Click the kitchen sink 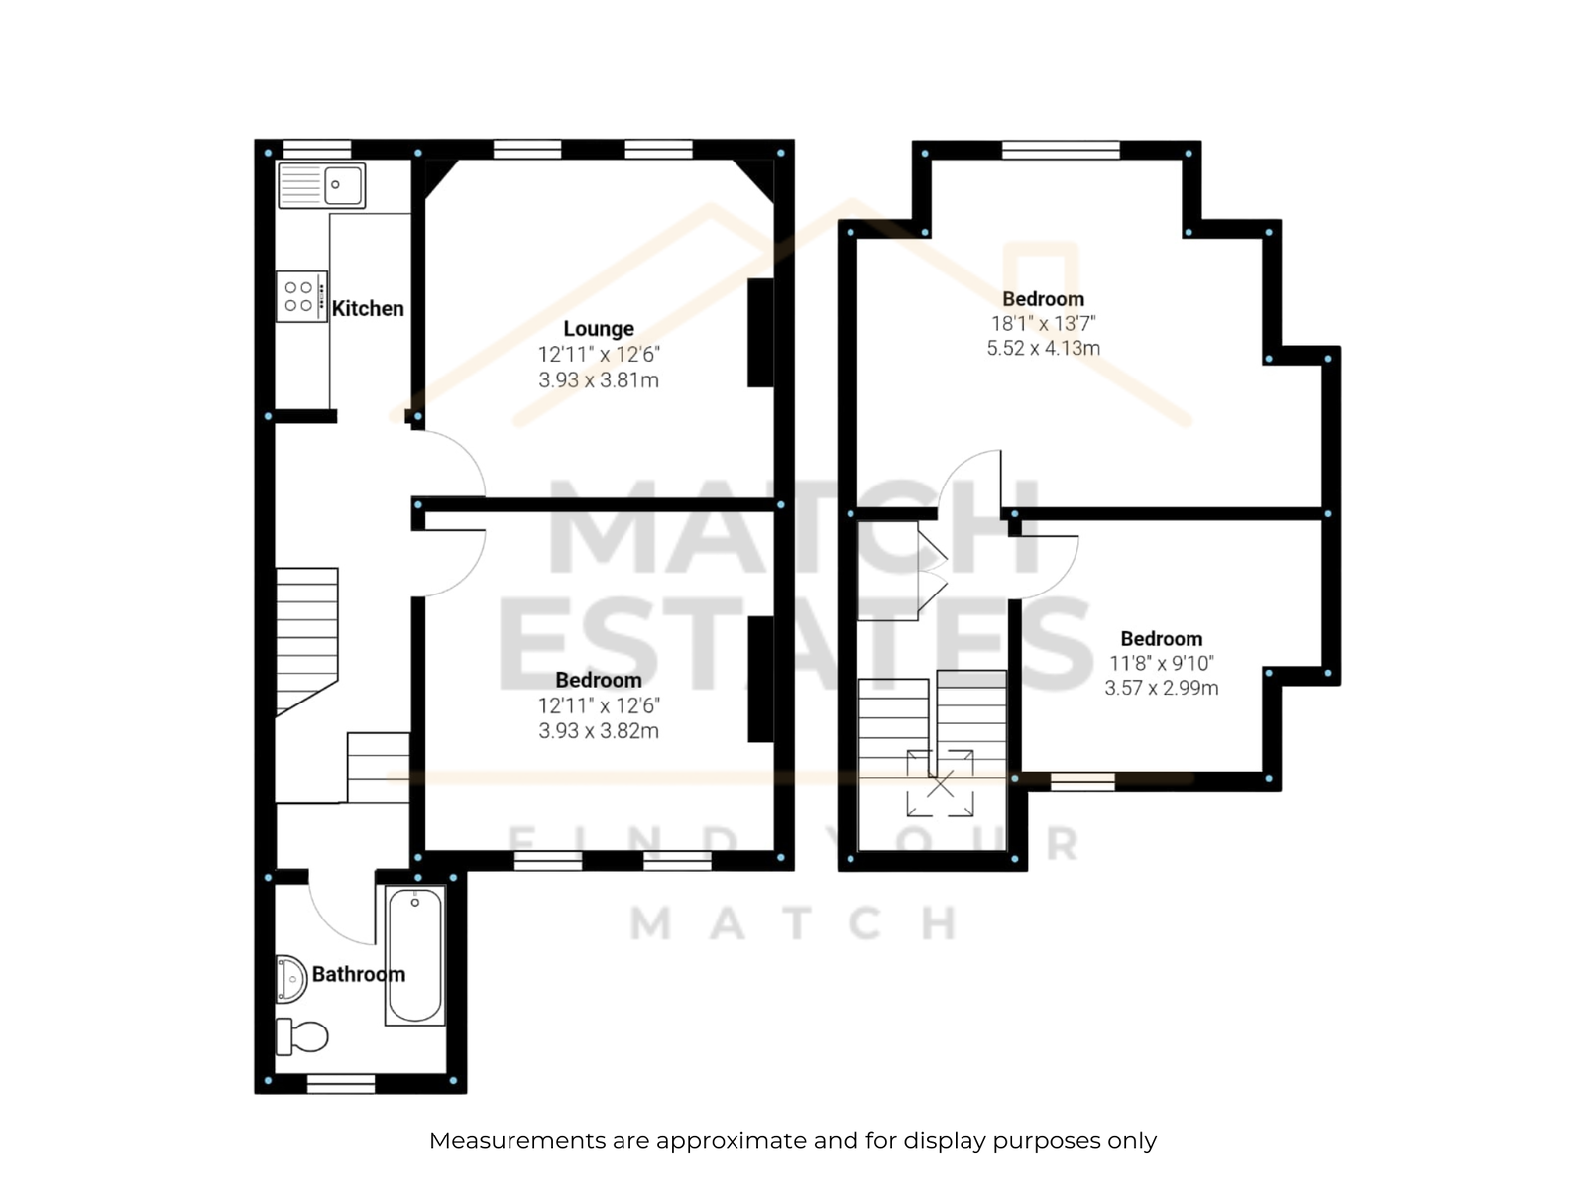(321, 185)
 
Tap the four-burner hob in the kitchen (302, 296)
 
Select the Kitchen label (368, 309)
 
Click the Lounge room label (599, 329)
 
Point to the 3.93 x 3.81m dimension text (599, 380)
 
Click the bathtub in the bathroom (415, 955)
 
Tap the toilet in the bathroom (302, 1036)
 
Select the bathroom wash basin (291, 980)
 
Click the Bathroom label (359, 975)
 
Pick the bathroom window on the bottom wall (341, 1083)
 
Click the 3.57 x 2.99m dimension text (1161, 688)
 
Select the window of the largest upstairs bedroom (1061, 151)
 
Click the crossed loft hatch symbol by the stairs (940, 784)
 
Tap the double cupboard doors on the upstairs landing (932, 572)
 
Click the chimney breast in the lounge (761, 333)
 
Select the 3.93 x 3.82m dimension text (599, 731)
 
